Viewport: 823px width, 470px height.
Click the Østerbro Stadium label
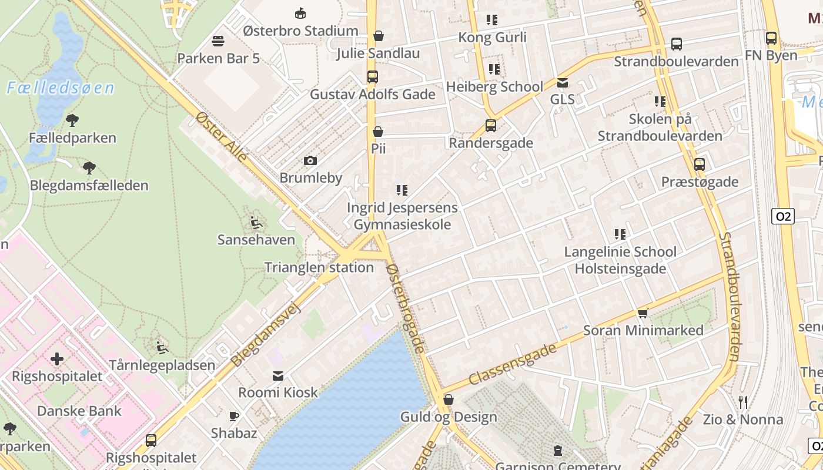[300, 31]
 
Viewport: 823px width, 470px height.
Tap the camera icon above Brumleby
[310, 160]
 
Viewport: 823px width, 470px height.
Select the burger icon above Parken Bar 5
[218, 41]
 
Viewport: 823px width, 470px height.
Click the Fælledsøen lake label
[61, 88]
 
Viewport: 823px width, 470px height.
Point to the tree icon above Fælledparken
[72, 121]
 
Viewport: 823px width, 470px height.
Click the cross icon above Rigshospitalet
[57, 358]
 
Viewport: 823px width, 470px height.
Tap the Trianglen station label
[319, 267]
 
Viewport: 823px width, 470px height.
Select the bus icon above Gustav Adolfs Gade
[372, 77]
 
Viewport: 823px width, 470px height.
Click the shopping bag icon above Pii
[378, 132]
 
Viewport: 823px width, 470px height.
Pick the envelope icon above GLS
[563, 83]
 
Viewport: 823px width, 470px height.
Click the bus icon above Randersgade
[490, 125]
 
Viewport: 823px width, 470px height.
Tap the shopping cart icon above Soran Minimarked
[643, 313]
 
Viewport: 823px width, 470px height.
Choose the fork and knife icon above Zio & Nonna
[743, 402]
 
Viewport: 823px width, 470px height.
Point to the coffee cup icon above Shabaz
[234, 416]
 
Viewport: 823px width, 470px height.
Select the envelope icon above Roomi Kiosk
[277, 375]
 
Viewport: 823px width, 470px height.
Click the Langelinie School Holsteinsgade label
[620, 260]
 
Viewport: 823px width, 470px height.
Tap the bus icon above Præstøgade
[699, 164]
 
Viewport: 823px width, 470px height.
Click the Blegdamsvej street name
[266, 335]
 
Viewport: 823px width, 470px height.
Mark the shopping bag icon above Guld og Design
[449, 400]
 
